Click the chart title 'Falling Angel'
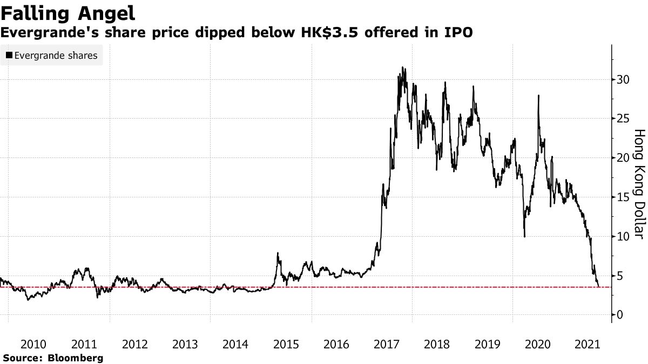pos(67,12)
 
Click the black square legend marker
pos(9,55)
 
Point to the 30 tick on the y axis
pos(623,79)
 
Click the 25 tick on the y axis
pos(623,119)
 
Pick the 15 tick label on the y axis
pos(623,197)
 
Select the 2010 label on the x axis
pos(33,344)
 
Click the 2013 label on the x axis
pos(185,344)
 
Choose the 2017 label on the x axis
pos(387,344)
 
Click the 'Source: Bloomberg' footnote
pos(53,358)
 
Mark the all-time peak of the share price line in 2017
pos(402,67)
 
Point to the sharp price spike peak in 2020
pos(538,95)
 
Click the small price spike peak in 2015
pos(278,253)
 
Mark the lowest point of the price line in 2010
pos(28,299)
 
